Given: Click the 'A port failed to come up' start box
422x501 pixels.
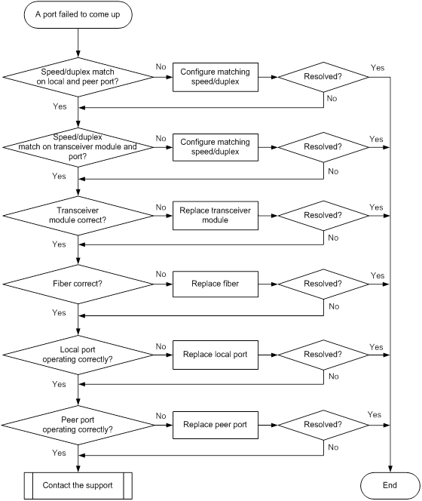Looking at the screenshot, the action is point(78,14).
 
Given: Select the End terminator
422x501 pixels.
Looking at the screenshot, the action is point(390,485).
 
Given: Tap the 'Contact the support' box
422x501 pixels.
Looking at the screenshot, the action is point(78,485).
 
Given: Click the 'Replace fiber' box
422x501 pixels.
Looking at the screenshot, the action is point(216,284).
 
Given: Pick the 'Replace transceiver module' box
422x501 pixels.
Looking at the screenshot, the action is point(216,215).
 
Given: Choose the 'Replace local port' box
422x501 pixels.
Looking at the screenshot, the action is point(216,355).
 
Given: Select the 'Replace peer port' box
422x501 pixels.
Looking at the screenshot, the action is point(216,425).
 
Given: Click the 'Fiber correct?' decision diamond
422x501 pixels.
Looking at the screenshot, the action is point(78,284).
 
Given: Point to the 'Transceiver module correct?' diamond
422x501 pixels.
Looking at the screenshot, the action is point(78,216).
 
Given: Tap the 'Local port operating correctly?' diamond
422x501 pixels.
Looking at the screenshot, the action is point(78,355).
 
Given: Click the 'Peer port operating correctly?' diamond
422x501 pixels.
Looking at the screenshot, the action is point(78,425).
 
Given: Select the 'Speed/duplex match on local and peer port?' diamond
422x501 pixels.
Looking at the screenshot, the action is point(78,77).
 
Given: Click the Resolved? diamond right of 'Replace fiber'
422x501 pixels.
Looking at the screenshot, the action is point(323,284).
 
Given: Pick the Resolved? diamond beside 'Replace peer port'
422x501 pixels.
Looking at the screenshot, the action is point(323,425).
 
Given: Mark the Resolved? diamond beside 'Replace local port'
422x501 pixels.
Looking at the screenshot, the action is point(323,355).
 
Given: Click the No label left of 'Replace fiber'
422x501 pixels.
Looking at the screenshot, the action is point(161,274).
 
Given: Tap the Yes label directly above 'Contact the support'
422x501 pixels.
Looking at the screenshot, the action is point(59,453).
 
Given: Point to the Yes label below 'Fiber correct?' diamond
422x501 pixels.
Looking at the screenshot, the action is point(59,312).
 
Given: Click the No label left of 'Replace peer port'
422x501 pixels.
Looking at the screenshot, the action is point(161,416).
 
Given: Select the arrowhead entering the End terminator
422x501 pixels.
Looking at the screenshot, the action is point(390,469).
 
